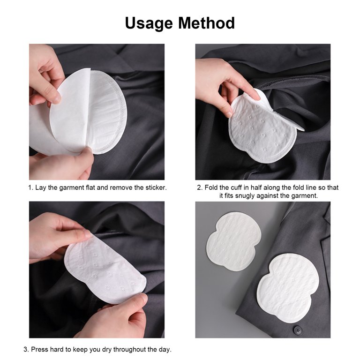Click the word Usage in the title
coord(149,23)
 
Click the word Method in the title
coord(206,23)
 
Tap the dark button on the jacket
coord(298,330)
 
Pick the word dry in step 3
coord(107,350)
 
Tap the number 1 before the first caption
coord(30,187)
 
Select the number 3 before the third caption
coord(26,349)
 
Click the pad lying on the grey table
coord(233,241)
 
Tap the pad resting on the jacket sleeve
coord(288,288)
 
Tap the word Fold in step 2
coord(211,187)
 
